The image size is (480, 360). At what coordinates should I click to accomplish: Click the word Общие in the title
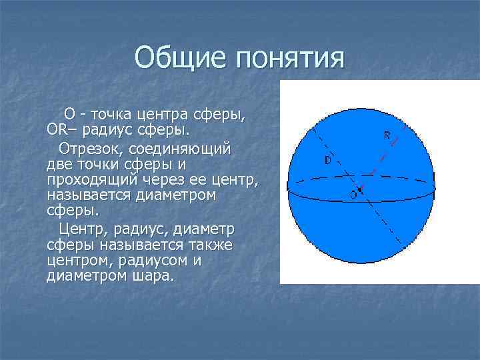coord(179,58)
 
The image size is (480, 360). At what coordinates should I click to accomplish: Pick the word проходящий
coord(93,180)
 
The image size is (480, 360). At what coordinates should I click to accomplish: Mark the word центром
coord(72,261)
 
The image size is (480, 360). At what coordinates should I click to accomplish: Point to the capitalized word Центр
coord(81,229)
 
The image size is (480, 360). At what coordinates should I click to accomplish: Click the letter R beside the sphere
coord(387,135)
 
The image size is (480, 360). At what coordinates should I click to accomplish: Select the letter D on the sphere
coord(327,161)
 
